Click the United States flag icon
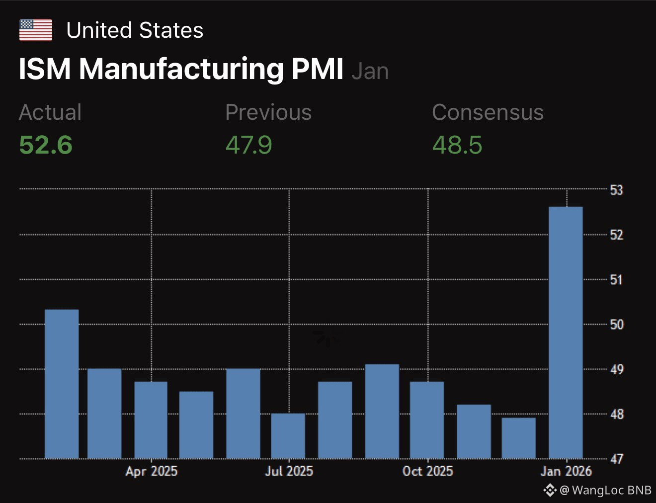36,30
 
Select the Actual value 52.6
46,145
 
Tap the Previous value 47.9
248,145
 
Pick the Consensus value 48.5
457,145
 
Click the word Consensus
488,112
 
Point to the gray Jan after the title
370,71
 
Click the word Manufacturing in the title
181,69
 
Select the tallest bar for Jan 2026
566,333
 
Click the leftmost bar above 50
62,384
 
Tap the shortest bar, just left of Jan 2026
519,438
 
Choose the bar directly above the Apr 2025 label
151,420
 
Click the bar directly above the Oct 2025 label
427,420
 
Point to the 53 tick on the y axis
616,190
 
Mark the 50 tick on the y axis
616,325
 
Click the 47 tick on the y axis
616,459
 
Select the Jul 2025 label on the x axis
289,471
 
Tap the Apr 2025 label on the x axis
151,471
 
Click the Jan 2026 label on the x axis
566,471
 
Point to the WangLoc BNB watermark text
611,490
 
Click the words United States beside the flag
135,30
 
